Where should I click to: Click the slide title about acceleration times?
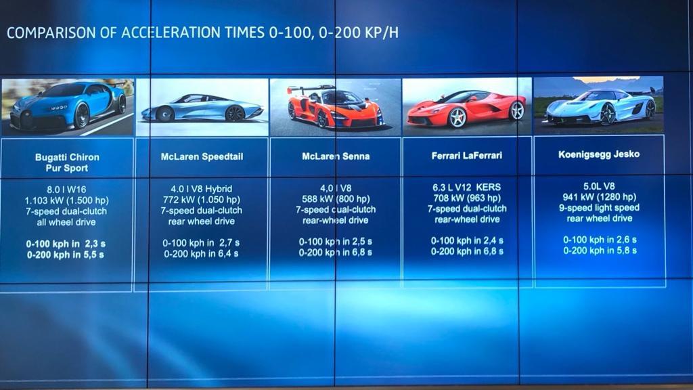pos(202,32)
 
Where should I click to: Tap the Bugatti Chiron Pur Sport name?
pos(67,162)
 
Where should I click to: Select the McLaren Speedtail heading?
pos(202,156)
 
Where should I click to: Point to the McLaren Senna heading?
pos(336,156)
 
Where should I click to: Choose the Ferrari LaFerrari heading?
pos(467,155)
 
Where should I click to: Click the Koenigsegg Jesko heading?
pos(599,154)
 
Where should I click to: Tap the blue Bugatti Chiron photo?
pos(68,107)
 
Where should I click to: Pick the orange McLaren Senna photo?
pos(335,107)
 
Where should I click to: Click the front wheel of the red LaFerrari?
pos(457,118)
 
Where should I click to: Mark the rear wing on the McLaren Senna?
pos(309,89)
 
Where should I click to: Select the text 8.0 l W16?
pos(66,190)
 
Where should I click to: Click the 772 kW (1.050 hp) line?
pos(202,200)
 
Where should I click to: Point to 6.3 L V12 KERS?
pos(467,187)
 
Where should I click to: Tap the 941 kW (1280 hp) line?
pos(600,197)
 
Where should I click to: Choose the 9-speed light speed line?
pos(600,207)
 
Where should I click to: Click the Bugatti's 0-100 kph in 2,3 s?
pos(66,244)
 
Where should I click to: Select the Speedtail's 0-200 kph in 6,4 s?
pos(201,254)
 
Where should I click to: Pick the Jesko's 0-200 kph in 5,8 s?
pos(600,251)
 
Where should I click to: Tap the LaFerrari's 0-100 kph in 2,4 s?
pos(467,240)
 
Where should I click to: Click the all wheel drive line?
pos(66,222)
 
